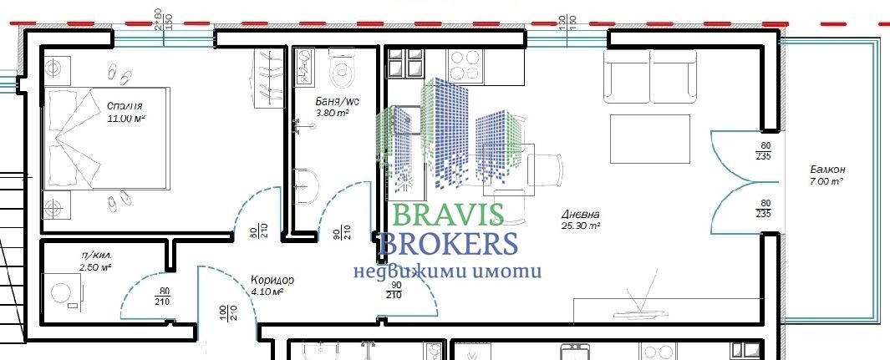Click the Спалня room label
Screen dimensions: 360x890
124,106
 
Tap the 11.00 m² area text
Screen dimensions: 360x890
127,119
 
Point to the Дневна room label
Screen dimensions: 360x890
580,214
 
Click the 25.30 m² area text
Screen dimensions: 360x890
582,226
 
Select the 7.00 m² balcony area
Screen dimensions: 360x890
825,181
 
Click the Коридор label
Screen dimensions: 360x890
272,280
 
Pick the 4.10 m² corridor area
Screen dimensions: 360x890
268,292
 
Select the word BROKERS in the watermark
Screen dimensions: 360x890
448,244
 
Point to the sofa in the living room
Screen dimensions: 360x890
650,75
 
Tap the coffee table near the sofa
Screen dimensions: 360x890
650,139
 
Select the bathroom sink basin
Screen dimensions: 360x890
306,184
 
